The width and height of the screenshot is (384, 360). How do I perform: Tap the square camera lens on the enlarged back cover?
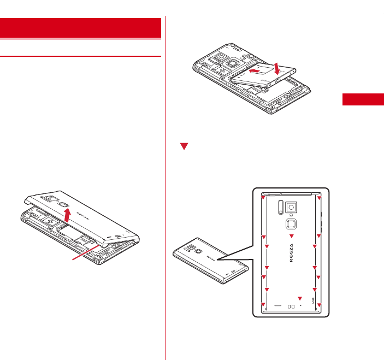click(x=292, y=208)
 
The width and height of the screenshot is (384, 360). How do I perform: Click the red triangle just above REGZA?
click(x=291, y=236)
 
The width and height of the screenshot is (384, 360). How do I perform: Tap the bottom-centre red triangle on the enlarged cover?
click(x=300, y=298)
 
